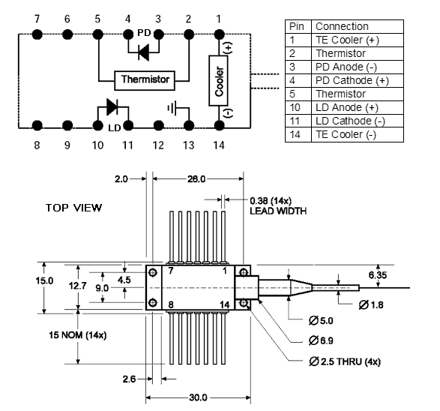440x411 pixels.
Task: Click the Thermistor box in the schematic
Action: (145, 80)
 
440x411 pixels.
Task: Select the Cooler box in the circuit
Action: (218, 81)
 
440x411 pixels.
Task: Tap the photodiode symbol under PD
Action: (144, 52)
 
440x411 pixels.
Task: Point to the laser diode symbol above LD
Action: (112, 106)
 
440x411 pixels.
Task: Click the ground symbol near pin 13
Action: (172, 108)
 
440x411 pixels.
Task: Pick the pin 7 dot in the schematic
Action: (37, 34)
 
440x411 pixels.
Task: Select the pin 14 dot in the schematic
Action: (219, 125)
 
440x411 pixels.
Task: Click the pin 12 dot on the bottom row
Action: (158, 125)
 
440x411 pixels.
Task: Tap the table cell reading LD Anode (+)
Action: (347, 107)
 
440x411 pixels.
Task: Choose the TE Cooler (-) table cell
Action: (346, 134)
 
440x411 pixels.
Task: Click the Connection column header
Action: (342, 26)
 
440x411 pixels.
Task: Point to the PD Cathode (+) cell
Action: (352, 80)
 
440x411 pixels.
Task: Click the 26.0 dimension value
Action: (196, 178)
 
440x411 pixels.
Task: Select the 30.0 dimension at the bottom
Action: (198, 397)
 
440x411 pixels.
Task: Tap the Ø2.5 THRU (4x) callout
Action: (345, 361)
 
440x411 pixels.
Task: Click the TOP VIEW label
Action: (73, 208)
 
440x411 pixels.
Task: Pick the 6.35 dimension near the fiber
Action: (378, 275)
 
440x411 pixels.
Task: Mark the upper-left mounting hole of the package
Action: (153, 272)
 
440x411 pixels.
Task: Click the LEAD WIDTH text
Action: (278, 211)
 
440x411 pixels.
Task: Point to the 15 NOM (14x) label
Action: (77, 335)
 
